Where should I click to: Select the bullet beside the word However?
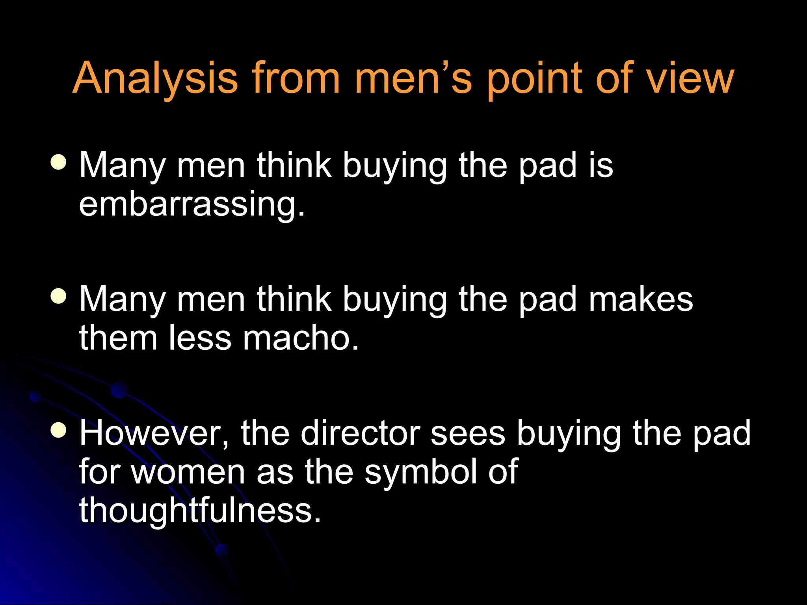coord(59,430)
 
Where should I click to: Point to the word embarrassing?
coord(192,204)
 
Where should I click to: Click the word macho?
coord(300,338)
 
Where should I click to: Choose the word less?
coord(200,338)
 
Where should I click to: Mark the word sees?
coord(467,433)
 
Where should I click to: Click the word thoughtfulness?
coord(200,510)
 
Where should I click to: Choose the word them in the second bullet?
coord(118,338)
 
